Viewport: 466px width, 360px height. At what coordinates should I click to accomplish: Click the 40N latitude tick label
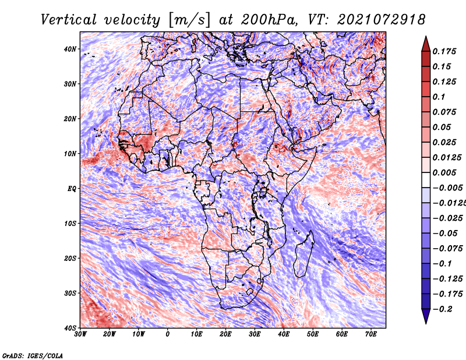coord(70,49)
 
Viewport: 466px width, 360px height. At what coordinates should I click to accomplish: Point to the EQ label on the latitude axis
coord(72,189)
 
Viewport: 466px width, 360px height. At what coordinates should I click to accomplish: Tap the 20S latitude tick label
coord(70,258)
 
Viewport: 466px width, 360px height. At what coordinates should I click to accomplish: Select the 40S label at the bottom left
coord(70,328)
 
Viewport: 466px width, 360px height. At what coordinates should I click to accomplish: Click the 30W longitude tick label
coord(80,334)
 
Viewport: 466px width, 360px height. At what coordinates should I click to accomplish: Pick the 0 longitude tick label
coord(168,334)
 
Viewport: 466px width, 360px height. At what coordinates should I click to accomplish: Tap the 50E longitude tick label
coord(313,334)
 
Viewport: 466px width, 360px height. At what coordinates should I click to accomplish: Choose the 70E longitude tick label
coord(371,334)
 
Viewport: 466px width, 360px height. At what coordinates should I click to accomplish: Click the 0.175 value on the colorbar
coord(444,51)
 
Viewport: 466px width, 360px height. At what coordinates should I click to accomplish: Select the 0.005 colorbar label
coord(444,172)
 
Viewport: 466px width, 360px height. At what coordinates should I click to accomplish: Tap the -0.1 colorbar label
coord(442,264)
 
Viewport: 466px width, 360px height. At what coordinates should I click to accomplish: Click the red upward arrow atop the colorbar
coord(426,44)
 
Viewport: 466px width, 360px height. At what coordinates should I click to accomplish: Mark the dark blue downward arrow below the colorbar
coord(426,316)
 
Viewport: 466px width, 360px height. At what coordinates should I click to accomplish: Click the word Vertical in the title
coord(69,20)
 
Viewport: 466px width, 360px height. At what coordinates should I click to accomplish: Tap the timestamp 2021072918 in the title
coord(382,20)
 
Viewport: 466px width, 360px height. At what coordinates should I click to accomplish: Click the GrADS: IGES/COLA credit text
coord(33,355)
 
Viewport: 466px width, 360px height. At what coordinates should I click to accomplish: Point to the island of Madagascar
coord(303,253)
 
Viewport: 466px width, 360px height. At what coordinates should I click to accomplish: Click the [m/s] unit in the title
coord(189,20)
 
